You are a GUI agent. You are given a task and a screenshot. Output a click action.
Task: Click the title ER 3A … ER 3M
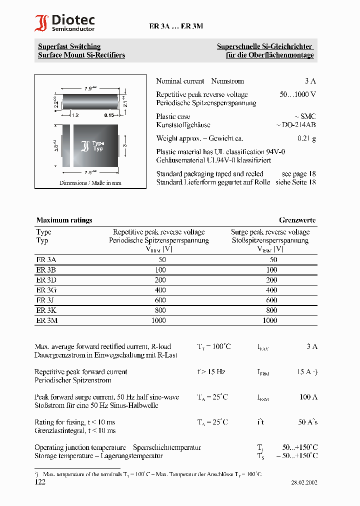click(x=176, y=26)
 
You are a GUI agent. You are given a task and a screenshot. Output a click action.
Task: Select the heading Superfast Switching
click(x=69, y=46)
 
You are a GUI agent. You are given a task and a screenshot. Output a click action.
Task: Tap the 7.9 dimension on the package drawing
click(x=89, y=89)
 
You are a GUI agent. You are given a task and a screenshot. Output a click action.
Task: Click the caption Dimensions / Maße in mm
click(x=90, y=183)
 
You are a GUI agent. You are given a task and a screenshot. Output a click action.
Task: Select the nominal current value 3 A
click(x=310, y=81)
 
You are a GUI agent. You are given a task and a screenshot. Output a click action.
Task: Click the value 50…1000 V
click(x=297, y=94)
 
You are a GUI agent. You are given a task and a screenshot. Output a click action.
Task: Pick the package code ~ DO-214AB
click(x=295, y=125)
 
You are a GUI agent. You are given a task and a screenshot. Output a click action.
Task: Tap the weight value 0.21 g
click(x=306, y=138)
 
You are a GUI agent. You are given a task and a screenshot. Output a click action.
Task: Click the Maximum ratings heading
click(x=64, y=220)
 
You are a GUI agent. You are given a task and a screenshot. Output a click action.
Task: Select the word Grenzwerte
click(x=297, y=220)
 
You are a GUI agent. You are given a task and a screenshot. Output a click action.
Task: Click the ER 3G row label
click(x=46, y=290)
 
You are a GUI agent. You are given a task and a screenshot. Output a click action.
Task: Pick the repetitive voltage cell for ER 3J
click(x=158, y=300)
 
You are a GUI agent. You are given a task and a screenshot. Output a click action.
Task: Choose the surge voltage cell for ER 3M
click(x=270, y=320)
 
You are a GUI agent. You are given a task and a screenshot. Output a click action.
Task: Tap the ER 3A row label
click(x=46, y=259)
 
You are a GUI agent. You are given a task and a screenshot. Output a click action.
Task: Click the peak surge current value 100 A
click(x=308, y=397)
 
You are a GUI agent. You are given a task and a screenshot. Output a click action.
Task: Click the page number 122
click(x=40, y=482)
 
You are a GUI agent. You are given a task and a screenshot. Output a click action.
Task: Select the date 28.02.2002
click(x=304, y=483)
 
